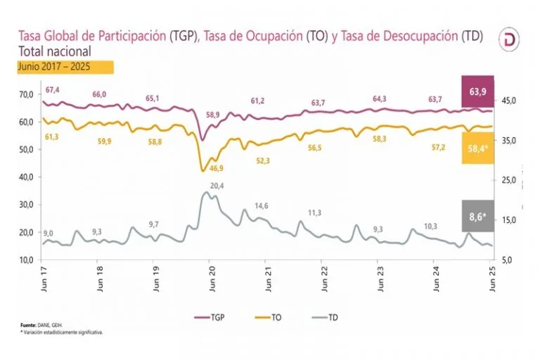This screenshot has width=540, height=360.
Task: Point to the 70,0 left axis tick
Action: (x=26, y=94)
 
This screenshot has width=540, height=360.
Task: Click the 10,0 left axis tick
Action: (x=26, y=260)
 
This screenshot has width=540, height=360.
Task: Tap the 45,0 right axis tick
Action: (x=508, y=101)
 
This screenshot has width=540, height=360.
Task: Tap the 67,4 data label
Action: (x=53, y=90)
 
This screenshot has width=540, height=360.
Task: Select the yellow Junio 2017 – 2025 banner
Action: (x=65, y=67)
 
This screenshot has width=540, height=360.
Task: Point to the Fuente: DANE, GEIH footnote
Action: (x=37, y=326)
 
